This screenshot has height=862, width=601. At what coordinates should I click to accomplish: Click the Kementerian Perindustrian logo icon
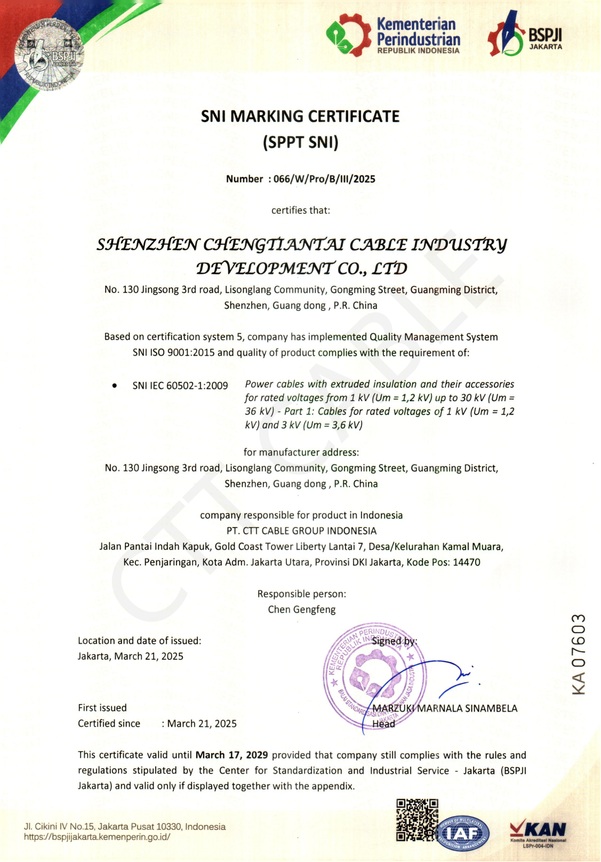(x=348, y=35)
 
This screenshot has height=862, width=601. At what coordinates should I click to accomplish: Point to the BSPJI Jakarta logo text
(x=545, y=39)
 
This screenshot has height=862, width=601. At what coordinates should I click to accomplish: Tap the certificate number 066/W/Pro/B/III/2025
(x=324, y=179)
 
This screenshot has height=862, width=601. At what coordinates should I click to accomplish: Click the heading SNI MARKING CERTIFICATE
(x=300, y=116)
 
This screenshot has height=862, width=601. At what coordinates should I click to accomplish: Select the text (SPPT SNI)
(x=300, y=142)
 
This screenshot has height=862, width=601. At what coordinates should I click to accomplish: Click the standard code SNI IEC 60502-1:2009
(x=180, y=386)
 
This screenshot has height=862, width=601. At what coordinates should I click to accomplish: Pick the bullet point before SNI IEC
(x=115, y=385)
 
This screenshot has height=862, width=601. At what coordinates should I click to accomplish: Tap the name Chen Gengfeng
(x=302, y=610)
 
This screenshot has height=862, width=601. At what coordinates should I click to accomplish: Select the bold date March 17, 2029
(x=231, y=755)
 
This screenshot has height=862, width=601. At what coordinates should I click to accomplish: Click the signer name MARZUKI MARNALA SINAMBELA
(x=445, y=708)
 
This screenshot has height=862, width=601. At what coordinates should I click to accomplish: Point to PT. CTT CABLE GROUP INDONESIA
(x=302, y=531)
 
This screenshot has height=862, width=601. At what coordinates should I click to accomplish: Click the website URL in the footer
(x=97, y=837)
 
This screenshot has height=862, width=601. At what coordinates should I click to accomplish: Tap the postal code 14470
(x=467, y=562)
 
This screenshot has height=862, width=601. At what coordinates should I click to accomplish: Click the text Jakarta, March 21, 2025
(x=131, y=657)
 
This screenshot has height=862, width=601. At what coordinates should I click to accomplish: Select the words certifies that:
(x=301, y=211)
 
